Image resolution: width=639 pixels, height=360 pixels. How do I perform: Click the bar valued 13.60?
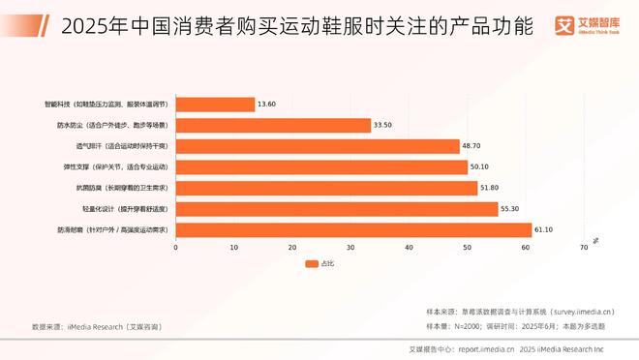[x=215, y=104]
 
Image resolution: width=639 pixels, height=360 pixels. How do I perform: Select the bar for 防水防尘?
[x=273, y=125]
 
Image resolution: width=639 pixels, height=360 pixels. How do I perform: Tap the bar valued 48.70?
[x=318, y=146]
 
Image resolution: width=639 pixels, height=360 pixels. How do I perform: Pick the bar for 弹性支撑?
[x=321, y=166]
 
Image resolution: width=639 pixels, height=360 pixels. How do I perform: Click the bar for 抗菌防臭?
[x=326, y=188]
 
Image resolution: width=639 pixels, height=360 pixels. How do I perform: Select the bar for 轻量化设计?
[x=337, y=208]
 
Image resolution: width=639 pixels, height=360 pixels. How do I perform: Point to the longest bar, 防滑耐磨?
[x=353, y=229]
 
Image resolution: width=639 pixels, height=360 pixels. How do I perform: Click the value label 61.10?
[x=547, y=229]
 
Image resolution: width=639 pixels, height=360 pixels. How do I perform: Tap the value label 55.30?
[x=513, y=208]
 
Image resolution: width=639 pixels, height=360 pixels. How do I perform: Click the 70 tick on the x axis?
[x=584, y=248]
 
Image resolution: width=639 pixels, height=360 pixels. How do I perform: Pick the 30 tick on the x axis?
[x=350, y=248]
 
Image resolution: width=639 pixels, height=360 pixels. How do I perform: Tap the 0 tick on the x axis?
[x=175, y=248]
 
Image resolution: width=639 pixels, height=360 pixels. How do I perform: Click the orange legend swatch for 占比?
[x=311, y=263]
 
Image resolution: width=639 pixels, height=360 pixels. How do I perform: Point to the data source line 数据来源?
[x=97, y=327]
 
